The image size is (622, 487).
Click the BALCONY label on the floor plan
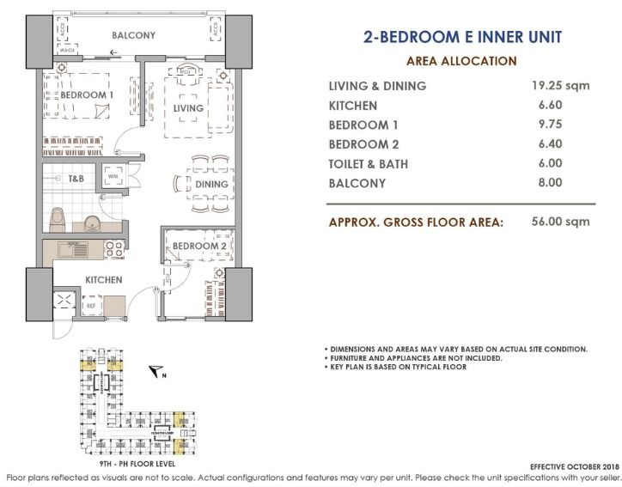click(x=132, y=35)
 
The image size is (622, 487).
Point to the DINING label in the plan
click(x=211, y=184)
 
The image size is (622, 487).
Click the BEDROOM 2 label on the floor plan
click(x=198, y=247)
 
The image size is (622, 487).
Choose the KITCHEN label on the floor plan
click(x=102, y=280)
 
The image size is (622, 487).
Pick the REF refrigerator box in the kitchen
click(x=90, y=305)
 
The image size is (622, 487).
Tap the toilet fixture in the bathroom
click(x=58, y=218)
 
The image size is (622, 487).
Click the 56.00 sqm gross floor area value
click(x=559, y=221)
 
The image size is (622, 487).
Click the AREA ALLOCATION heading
click(x=460, y=61)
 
